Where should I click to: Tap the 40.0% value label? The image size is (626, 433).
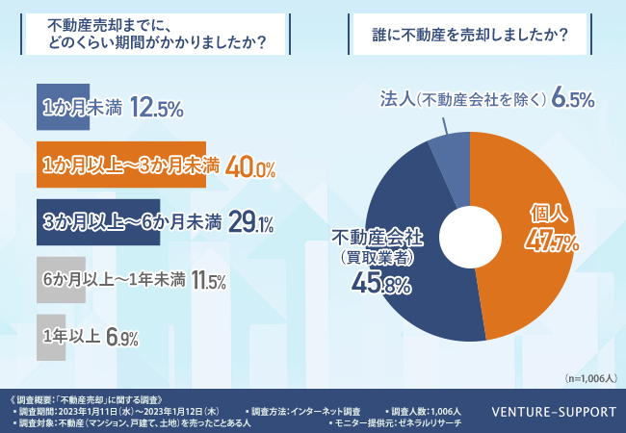pos(253,166)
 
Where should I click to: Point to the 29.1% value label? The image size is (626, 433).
pos(252,223)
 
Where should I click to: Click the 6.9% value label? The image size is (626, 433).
pos(123,338)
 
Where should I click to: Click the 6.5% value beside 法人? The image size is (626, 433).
pos(574,99)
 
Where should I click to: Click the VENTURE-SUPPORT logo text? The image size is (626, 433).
pos(554,412)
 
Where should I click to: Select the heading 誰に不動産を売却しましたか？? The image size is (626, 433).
pos(469,38)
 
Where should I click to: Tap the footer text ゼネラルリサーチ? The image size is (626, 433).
pos(430,423)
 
